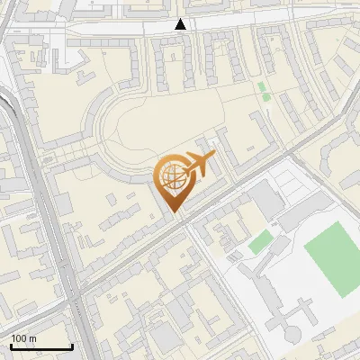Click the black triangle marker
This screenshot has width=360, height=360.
181,24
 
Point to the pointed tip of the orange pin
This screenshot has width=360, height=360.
173,212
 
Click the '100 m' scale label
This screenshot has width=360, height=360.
23,338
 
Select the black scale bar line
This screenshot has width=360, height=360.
41,346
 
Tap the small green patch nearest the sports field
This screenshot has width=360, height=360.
259,241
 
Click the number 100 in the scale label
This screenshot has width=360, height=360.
19,338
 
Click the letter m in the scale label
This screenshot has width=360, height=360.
32,338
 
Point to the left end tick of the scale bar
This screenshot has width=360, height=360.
11,346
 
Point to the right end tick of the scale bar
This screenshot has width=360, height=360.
72,346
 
